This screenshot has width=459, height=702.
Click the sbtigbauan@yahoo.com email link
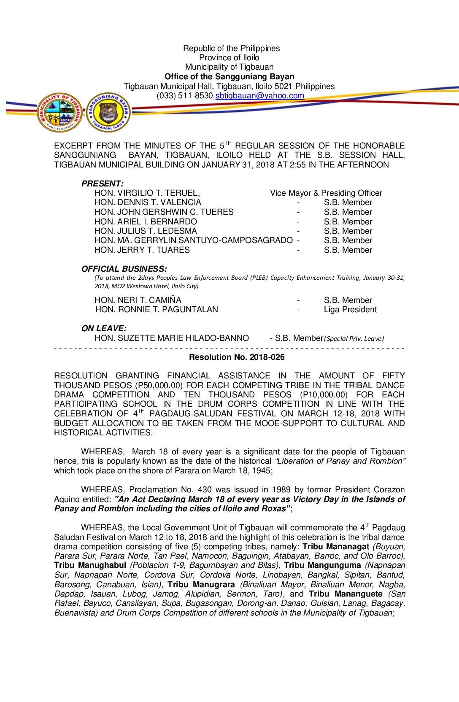pyautogui.click(x=259, y=96)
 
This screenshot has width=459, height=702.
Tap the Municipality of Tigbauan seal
pyautogui.click(x=59, y=113)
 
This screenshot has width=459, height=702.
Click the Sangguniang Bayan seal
pyautogui.click(x=108, y=113)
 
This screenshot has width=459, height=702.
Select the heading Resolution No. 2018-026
pyautogui.click(x=237, y=357)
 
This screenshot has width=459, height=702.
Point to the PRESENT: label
pyautogui.click(x=103, y=184)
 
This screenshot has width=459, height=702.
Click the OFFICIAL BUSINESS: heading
pyautogui.click(x=124, y=269)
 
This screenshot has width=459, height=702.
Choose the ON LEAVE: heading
pyautogui.click(x=104, y=328)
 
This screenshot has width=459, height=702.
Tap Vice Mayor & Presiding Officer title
pyautogui.click(x=326, y=193)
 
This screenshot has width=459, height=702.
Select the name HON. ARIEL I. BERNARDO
pyautogui.click(x=146, y=221)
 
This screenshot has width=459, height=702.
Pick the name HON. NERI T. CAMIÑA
pyautogui.click(x=138, y=300)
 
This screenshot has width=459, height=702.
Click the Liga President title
pyautogui.click(x=350, y=310)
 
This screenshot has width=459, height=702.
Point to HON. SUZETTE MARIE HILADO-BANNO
pyautogui.click(x=172, y=338)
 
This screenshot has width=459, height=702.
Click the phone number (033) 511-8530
pyautogui.click(x=185, y=96)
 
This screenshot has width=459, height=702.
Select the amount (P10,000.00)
pyautogui.click(x=324, y=395)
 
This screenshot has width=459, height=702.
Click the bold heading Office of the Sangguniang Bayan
pyautogui.click(x=229, y=77)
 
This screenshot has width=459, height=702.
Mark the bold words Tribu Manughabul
pyautogui.click(x=90, y=565)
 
